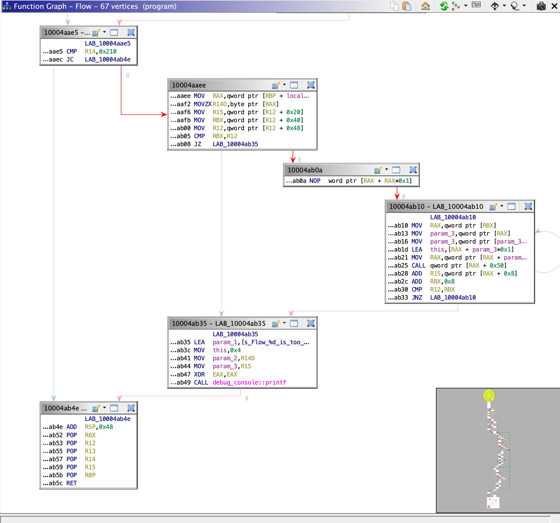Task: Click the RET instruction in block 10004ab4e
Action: click(x=72, y=483)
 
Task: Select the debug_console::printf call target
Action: click(x=249, y=382)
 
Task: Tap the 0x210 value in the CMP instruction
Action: click(x=107, y=51)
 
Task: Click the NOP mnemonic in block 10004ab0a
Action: click(x=315, y=181)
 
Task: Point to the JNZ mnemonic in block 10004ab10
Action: click(x=417, y=297)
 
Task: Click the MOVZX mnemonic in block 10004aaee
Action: click(x=202, y=104)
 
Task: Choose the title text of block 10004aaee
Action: click(x=189, y=85)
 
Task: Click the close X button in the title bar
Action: click(x=554, y=6)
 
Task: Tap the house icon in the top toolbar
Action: click(x=425, y=6)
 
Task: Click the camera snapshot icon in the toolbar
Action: click(x=541, y=6)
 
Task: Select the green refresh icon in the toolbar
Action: click(x=444, y=6)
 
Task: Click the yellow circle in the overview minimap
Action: click(x=489, y=395)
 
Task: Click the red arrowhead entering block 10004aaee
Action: click(x=164, y=114)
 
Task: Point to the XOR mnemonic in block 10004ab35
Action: click(x=199, y=374)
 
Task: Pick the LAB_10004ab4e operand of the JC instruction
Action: click(x=107, y=60)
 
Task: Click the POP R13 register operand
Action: click(x=90, y=451)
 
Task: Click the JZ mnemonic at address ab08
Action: click(x=198, y=144)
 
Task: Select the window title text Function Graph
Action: click(x=40, y=6)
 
